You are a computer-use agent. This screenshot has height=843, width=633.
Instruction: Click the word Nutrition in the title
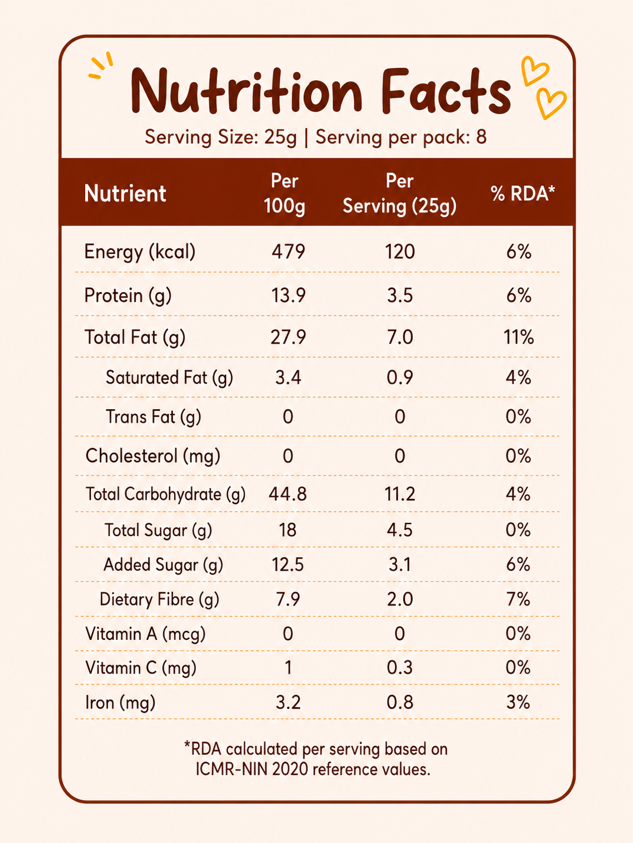pyautogui.click(x=247, y=91)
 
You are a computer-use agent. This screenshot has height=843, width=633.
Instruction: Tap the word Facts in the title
pyautogui.click(x=446, y=91)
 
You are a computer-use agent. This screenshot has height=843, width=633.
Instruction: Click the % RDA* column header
pyautogui.click(x=523, y=193)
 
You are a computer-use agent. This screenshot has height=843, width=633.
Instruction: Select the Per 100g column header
pyautogui.click(x=284, y=193)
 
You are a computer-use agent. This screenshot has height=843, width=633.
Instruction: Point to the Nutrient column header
pyautogui.click(x=125, y=193)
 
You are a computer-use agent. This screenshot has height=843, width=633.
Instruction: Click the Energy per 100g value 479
pyautogui.click(x=289, y=252)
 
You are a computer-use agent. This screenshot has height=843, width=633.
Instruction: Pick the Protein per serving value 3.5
pyautogui.click(x=400, y=295)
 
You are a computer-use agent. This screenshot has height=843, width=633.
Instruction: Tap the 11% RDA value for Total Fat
pyautogui.click(x=519, y=337)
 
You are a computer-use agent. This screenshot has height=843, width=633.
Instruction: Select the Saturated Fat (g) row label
pyautogui.click(x=170, y=378)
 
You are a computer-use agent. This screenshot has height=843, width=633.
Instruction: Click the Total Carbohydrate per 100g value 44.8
pyautogui.click(x=288, y=494)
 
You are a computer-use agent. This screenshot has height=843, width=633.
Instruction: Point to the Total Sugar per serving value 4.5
pyautogui.click(x=400, y=530)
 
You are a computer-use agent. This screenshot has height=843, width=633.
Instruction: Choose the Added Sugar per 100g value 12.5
pyautogui.click(x=288, y=565)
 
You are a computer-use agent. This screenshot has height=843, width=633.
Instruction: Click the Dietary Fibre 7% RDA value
pyautogui.click(x=519, y=599)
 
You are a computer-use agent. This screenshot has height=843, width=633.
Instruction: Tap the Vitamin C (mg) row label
pyautogui.click(x=140, y=668)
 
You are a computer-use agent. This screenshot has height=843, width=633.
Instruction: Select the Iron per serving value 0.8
pyautogui.click(x=400, y=703)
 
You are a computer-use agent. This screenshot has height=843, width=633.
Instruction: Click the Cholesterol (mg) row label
pyautogui.click(x=153, y=456)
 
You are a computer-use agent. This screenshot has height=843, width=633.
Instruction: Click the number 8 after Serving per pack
pyautogui.click(x=481, y=137)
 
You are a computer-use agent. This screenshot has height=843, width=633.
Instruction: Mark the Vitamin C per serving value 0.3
pyautogui.click(x=400, y=668)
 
